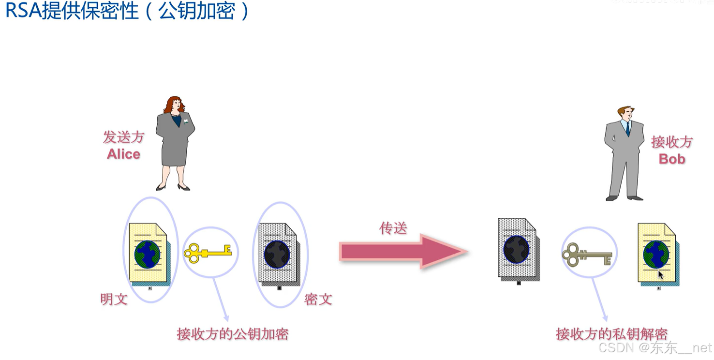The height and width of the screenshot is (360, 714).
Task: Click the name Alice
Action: tap(123, 154)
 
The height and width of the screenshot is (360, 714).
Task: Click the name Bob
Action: tap(672, 159)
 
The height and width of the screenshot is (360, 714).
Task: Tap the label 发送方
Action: tap(123, 137)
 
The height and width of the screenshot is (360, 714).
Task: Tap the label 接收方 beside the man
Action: tap(672, 142)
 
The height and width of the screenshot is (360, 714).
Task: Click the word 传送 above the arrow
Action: tap(393, 228)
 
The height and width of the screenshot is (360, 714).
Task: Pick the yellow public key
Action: tap(208, 252)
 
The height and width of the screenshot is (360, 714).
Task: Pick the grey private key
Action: tap(586, 253)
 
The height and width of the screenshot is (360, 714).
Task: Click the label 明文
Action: tap(114, 299)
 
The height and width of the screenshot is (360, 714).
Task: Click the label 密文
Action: tap(318, 299)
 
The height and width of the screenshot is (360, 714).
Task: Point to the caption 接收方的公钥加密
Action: tap(233, 334)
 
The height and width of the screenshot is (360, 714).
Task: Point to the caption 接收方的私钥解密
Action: tap(612, 334)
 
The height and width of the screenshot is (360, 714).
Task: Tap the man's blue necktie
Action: tap(627, 128)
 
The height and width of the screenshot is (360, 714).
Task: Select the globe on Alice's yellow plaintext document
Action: tap(147, 254)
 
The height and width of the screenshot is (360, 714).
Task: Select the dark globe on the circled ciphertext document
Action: tap(277, 254)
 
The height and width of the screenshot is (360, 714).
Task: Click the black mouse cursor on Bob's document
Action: tap(661, 275)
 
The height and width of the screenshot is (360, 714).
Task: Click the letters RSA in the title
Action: tap(22, 11)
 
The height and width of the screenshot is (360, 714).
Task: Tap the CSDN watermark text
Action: tap(616, 347)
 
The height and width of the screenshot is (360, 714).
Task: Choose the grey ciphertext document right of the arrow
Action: tap(517, 249)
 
